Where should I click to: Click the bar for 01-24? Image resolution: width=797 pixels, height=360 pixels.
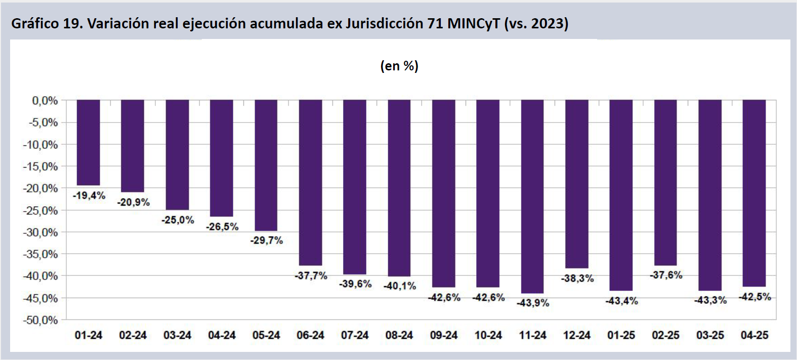tap(88, 143)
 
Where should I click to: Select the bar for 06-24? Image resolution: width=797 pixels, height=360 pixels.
tap(310, 183)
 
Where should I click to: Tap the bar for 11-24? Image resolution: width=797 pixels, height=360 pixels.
tap(532, 196)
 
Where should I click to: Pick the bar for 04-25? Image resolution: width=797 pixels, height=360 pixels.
tap(754, 193)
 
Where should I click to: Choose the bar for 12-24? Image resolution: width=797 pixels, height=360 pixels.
tap(577, 184)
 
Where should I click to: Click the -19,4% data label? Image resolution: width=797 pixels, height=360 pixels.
tap(89, 195)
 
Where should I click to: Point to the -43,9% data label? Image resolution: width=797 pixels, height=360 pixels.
tap(533, 303)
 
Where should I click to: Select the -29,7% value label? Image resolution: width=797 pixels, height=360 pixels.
tap(267, 241)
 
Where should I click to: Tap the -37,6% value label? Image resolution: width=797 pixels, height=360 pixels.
tap(666, 275)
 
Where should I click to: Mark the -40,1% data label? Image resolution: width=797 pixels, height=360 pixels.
tap(400, 286)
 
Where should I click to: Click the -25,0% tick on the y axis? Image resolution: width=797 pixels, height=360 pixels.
tap(40, 210)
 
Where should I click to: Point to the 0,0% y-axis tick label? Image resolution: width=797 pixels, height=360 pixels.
tap(45, 101)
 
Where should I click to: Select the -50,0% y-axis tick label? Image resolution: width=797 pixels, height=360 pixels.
tap(40, 320)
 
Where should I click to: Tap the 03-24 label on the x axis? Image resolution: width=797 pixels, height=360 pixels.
tap(177, 335)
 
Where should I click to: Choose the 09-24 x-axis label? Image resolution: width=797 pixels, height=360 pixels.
tap(444, 335)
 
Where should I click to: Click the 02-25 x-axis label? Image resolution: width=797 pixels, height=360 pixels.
tap(665, 335)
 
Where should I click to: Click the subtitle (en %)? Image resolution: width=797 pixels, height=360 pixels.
tap(399, 66)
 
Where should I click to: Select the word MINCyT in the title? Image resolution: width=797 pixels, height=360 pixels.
tap(474, 23)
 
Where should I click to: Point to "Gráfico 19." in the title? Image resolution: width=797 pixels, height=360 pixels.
tap(47, 23)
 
